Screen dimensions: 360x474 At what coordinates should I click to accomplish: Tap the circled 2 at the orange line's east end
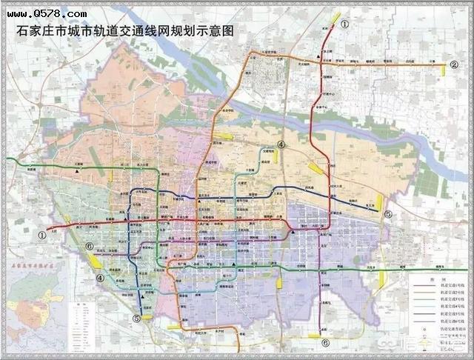(x=453, y=64)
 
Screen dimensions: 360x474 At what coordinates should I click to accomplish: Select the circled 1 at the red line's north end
(x=345, y=24)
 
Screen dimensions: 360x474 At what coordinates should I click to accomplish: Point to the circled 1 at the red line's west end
(x=42, y=236)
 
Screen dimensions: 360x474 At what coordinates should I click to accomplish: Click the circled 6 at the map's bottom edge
(x=325, y=343)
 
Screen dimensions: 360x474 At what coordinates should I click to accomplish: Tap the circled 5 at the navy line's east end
(x=388, y=214)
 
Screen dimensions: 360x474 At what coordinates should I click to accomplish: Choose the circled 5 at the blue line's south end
(x=136, y=319)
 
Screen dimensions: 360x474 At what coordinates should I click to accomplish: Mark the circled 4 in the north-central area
(x=281, y=145)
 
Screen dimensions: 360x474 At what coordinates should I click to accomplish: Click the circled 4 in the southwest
(x=99, y=279)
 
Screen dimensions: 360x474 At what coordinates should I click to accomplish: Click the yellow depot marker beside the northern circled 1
(x=336, y=16)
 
